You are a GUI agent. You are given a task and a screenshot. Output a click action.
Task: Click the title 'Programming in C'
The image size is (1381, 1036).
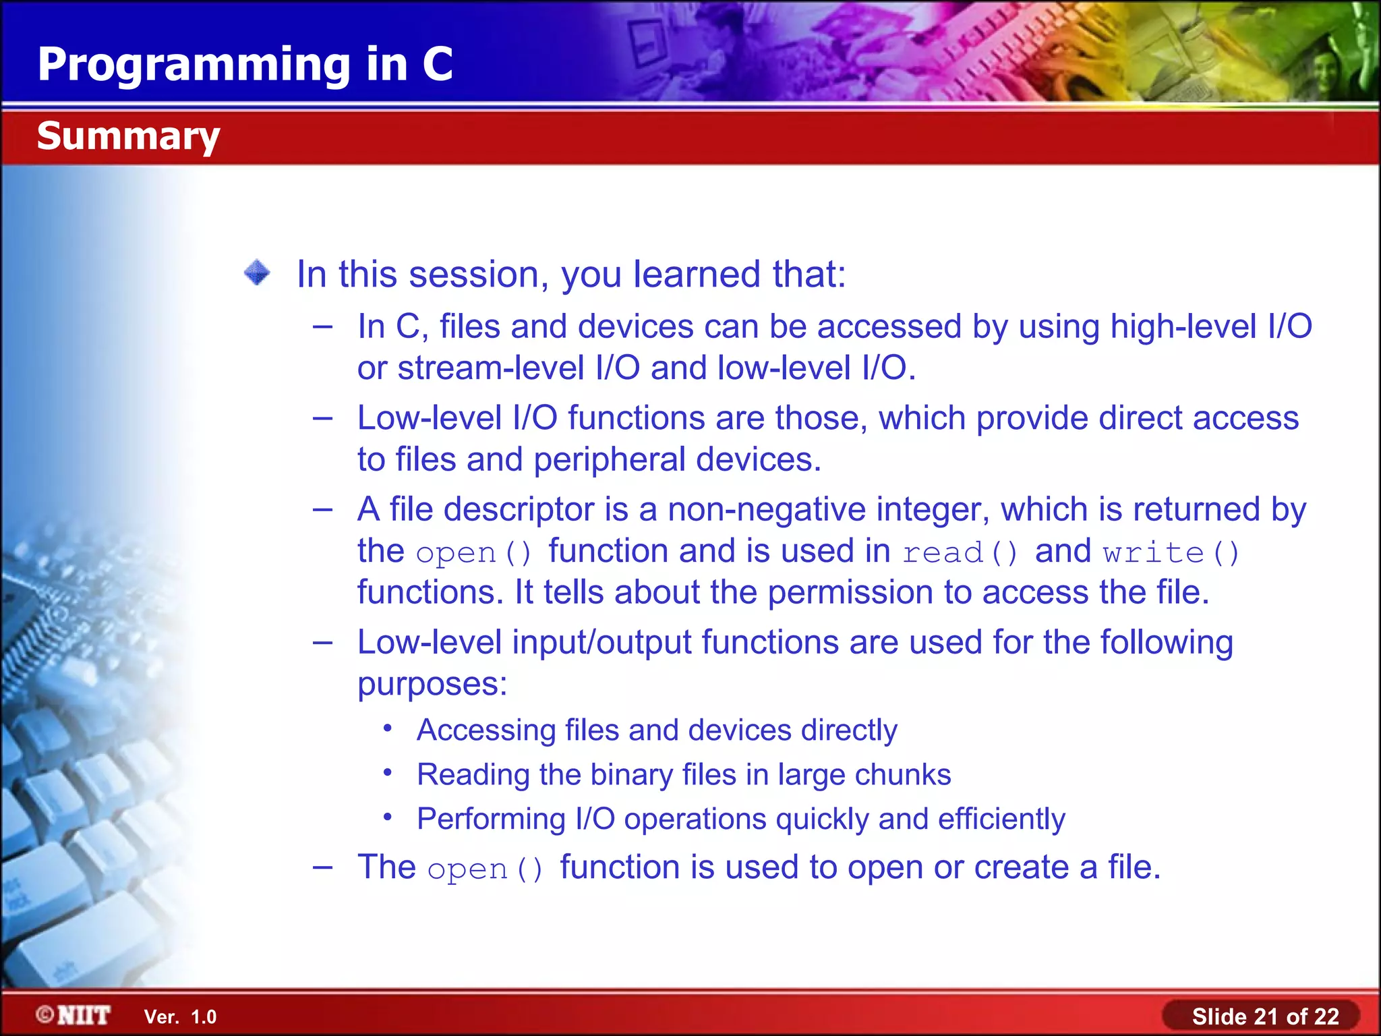245,65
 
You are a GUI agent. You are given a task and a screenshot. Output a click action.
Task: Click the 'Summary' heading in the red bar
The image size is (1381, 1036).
128,136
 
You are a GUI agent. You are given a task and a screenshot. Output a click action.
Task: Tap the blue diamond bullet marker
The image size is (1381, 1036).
257,273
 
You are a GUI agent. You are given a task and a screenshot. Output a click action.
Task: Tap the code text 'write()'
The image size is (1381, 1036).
1171,553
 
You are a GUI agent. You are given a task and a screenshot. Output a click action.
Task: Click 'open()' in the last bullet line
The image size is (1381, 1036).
485,869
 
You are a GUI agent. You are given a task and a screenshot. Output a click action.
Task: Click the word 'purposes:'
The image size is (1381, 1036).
432,684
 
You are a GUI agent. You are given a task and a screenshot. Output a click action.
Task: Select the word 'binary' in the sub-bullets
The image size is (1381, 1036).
631,774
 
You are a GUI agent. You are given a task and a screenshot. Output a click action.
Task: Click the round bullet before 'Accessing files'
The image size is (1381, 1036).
388,728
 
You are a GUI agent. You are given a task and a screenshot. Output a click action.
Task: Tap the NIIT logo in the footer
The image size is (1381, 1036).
74,1015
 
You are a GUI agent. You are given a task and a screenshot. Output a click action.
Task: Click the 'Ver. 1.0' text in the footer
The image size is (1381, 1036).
180,1016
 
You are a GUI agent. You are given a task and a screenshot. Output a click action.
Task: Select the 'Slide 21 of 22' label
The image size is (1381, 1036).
1265,1016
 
